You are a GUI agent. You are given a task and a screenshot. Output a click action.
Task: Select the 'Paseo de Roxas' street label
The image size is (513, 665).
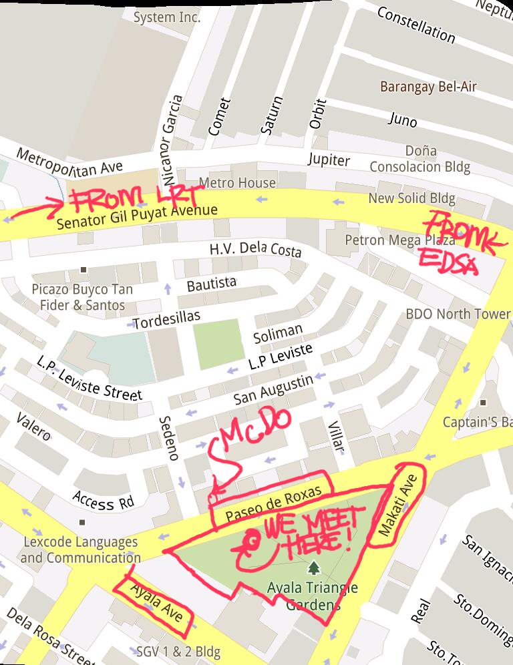[x=273, y=503]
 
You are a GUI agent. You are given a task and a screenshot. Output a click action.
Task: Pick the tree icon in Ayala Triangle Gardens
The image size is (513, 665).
[x=313, y=568]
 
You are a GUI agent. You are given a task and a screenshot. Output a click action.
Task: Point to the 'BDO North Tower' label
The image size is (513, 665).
[x=458, y=314]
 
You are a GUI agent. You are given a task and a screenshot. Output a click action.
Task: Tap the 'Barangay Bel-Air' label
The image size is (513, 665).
[x=428, y=87]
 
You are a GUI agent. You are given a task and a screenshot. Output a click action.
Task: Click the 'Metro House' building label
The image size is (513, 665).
[x=237, y=182]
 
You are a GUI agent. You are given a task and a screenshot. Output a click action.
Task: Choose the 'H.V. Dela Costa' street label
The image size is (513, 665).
[x=255, y=250]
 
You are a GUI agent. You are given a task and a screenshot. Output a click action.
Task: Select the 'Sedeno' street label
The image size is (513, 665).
[x=168, y=437]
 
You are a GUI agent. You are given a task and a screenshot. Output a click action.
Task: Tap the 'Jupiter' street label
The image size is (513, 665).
[x=329, y=160]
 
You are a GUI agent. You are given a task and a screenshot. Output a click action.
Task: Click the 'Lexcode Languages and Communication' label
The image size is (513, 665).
[x=80, y=549]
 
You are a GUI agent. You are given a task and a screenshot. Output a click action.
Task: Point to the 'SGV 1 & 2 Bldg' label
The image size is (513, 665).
[x=178, y=651]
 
